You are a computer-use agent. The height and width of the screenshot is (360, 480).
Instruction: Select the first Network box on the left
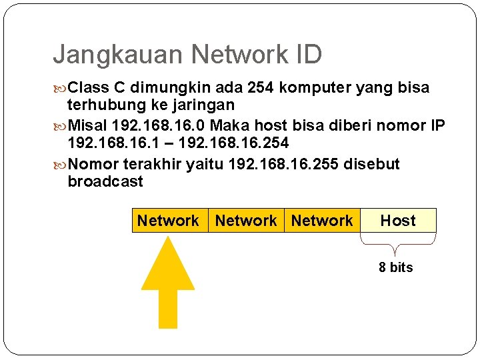tap(168, 221)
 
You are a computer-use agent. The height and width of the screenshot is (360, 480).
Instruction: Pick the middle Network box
tap(246, 221)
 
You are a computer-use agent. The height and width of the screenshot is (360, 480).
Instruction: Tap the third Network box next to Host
tap(322, 221)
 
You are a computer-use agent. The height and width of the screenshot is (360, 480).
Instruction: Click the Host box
tap(398, 221)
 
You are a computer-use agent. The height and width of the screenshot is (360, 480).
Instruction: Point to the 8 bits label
tap(396, 267)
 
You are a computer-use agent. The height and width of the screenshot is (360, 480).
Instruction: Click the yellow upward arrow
tap(168, 280)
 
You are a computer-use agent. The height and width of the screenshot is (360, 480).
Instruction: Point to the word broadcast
tap(105, 181)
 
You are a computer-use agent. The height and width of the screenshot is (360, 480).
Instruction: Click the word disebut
tap(371, 164)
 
